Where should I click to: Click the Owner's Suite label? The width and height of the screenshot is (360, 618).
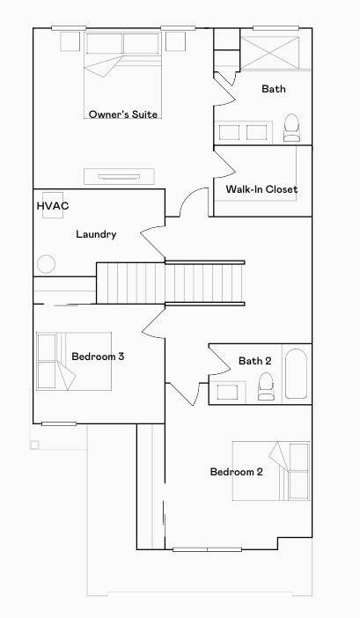pos(123,114)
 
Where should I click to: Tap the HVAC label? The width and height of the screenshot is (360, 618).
pos(53,206)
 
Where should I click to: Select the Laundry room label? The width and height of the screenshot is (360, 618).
pos(96,234)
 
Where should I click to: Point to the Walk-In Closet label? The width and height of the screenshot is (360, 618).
pos(261,189)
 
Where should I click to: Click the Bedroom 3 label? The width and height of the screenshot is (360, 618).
pos(98,357)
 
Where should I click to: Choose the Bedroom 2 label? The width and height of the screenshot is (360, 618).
pos(236,472)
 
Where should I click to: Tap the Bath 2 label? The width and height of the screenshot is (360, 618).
pos(255,361)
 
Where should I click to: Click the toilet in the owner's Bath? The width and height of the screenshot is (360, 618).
pos(292,128)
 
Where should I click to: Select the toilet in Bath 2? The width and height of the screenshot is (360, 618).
pos(266,386)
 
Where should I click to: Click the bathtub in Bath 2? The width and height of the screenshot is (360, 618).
pos(297,373)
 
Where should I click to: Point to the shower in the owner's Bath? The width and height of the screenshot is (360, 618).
pos(270,53)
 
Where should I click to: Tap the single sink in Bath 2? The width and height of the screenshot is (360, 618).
pos(227,393)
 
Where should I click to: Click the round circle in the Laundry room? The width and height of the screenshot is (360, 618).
pos(46,264)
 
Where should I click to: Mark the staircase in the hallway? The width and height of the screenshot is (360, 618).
pos(171,283)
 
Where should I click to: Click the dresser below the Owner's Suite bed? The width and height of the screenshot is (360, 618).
pos(119,177)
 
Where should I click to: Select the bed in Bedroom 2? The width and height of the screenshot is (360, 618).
pos(271,471)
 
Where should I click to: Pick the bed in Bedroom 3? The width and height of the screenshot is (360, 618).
pos(74,362)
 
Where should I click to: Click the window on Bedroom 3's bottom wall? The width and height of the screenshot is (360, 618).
pos(59,423)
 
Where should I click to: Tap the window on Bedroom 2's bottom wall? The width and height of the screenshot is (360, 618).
pos(207,549)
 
